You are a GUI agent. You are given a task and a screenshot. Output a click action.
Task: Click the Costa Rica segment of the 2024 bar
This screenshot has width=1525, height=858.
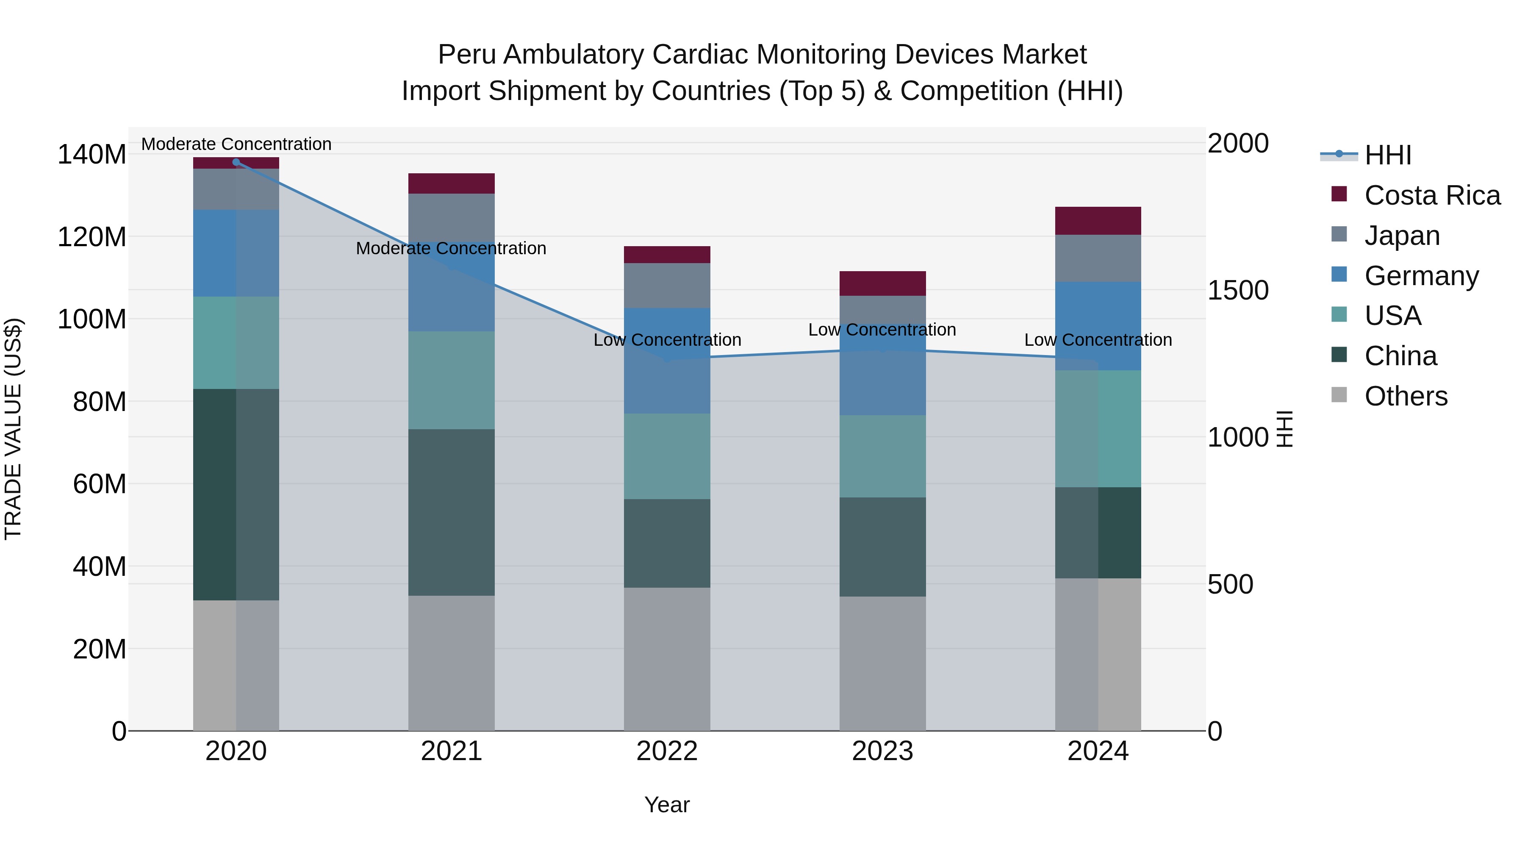click(1098, 221)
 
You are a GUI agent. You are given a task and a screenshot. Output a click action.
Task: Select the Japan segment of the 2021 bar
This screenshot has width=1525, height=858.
click(451, 216)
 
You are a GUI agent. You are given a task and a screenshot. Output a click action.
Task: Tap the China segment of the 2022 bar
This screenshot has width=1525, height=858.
click(667, 543)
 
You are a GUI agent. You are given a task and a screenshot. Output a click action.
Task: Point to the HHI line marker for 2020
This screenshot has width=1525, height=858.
click(236, 162)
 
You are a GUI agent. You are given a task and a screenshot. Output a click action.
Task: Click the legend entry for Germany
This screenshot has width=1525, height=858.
click(1421, 276)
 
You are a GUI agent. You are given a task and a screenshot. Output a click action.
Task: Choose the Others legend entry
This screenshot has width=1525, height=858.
click(1406, 396)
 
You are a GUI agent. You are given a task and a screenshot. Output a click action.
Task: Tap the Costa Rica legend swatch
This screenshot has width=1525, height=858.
click(1339, 194)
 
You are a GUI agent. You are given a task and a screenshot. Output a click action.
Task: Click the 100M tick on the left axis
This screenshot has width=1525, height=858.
click(92, 319)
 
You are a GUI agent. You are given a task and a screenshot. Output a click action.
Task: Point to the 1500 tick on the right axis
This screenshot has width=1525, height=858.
click(1237, 290)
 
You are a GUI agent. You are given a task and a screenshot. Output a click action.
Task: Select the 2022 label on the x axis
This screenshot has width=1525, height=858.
click(667, 751)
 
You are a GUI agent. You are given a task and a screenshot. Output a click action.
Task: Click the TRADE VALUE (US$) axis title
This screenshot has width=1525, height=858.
click(13, 429)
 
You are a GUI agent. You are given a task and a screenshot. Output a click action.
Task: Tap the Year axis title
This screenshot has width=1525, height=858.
click(667, 805)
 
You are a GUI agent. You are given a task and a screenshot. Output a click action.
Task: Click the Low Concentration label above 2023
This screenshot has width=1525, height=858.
click(882, 330)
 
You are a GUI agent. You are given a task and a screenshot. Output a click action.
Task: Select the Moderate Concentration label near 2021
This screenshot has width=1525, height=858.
click(451, 248)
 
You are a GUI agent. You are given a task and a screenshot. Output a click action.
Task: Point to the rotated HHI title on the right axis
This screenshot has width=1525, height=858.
click(1285, 429)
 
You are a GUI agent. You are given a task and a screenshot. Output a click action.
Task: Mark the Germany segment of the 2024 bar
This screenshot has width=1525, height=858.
click(1098, 326)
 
